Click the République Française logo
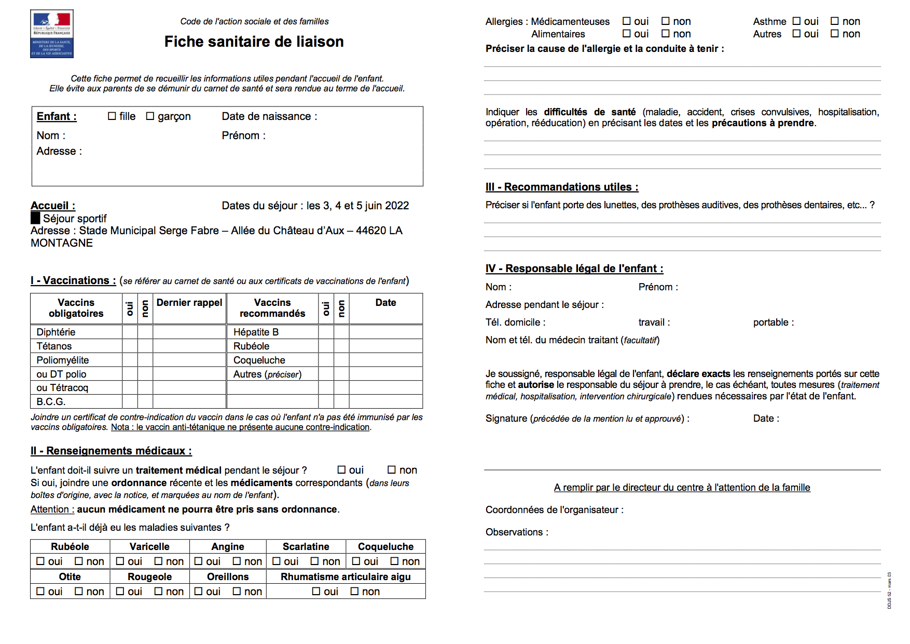tap(52, 34)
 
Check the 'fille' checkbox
tap(112, 116)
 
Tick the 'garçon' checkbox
tap(150, 116)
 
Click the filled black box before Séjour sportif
tap(35, 218)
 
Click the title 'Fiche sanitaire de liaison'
tap(254, 42)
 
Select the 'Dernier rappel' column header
tap(189, 303)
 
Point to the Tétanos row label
tap(54, 346)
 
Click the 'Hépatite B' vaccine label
tap(256, 332)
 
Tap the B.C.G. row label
tap(51, 401)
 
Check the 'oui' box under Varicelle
tap(120, 561)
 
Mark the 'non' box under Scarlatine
tap(314, 561)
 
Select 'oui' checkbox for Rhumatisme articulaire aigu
tap(316, 592)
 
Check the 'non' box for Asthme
tap(835, 21)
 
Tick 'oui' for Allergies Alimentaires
tap(627, 34)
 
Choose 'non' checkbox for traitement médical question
tap(392, 470)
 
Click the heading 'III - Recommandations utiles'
tap(562, 187)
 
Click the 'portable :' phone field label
tap(773, 323)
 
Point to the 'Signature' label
tap(506, 419)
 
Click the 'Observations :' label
tap(517, 532)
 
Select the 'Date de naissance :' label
tap(269, 116)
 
